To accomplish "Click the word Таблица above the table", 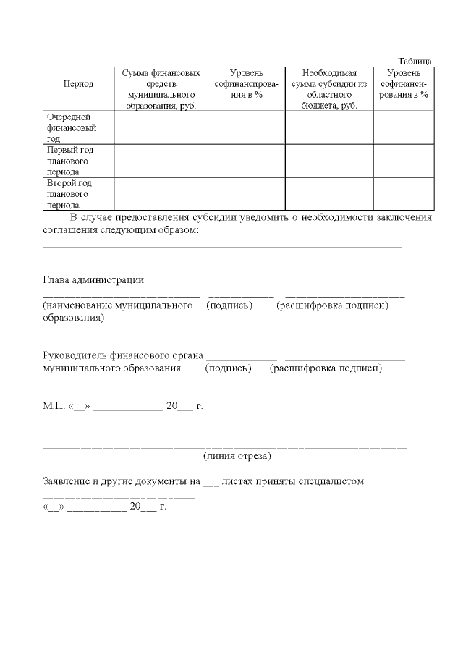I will tap(415, 62).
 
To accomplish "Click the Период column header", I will tap(78, 84).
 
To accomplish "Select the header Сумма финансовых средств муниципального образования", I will tap(161, 89).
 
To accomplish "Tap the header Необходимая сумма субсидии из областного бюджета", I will tap(329, 89).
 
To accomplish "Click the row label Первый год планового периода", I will tap(69, 161).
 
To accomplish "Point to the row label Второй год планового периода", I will tap(69, 194).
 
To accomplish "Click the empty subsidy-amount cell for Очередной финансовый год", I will tap(329, 127).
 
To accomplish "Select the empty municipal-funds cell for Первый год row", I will tap(161, 161).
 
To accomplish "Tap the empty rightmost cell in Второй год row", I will tap(403, 194).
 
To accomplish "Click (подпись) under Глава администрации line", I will tap(229, 305).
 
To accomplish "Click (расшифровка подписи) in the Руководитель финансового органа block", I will tap(326, 368).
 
